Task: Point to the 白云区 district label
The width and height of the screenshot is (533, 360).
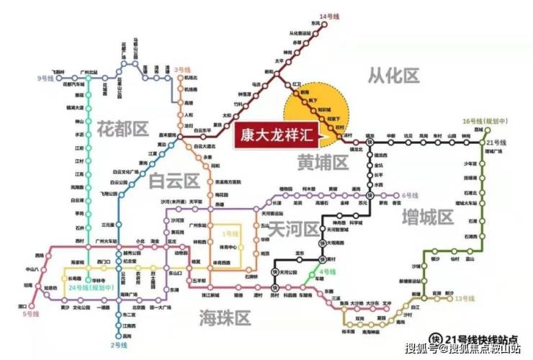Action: click(173, 181)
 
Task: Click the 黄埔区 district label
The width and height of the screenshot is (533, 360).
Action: click(322, 164)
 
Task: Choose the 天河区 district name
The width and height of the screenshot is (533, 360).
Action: click(293, 229)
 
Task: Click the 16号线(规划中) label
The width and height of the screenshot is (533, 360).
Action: click(486, 122)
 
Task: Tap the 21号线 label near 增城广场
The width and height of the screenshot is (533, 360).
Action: click(498, 143)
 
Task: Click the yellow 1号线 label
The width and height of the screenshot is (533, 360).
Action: click(229, 234)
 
